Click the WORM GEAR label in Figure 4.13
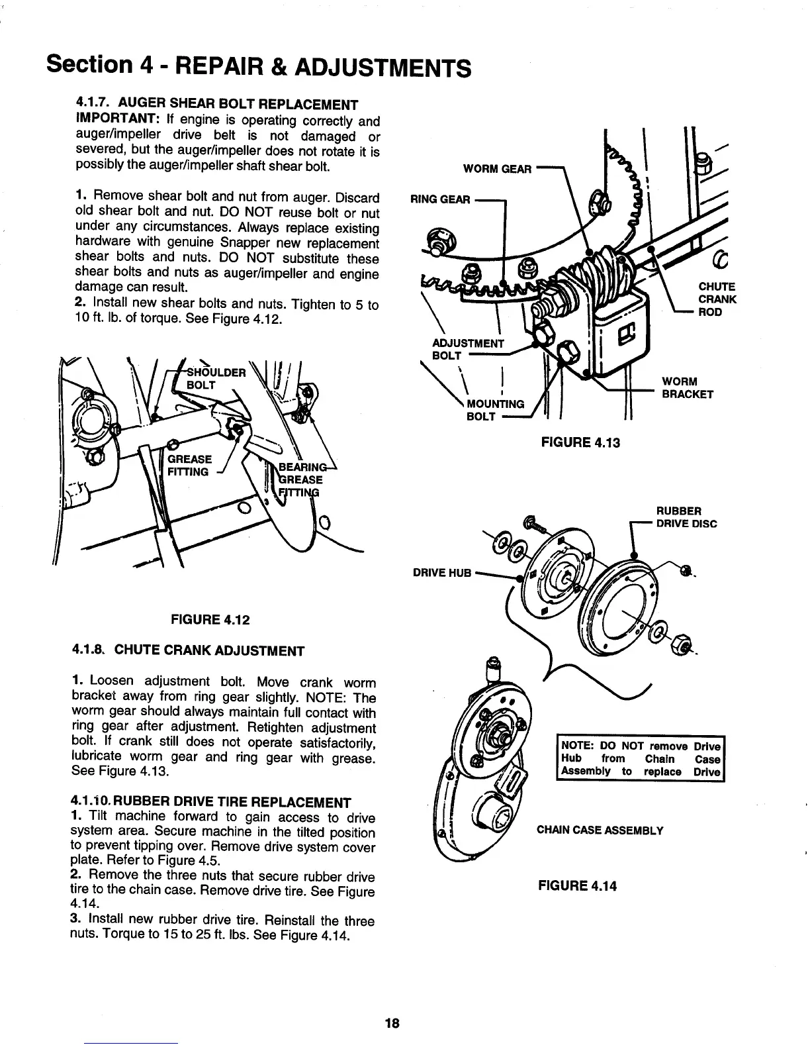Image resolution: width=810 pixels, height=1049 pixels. tap(497, 169)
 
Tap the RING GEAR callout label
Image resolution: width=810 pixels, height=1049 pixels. tap(440, 199)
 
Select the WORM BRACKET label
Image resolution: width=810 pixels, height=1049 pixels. tap(688, 388)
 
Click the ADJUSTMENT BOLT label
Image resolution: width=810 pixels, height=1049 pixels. tap(467, 349)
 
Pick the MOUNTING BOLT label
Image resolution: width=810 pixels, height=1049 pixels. tap(495, 411)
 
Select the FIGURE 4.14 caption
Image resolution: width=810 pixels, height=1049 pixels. tap(577, 885)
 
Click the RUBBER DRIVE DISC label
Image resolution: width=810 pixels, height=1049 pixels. tap(686, 517)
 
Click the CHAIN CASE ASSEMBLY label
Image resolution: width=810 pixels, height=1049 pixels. tap(599, 830)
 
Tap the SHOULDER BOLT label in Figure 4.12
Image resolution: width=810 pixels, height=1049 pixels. tap(213, 378)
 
